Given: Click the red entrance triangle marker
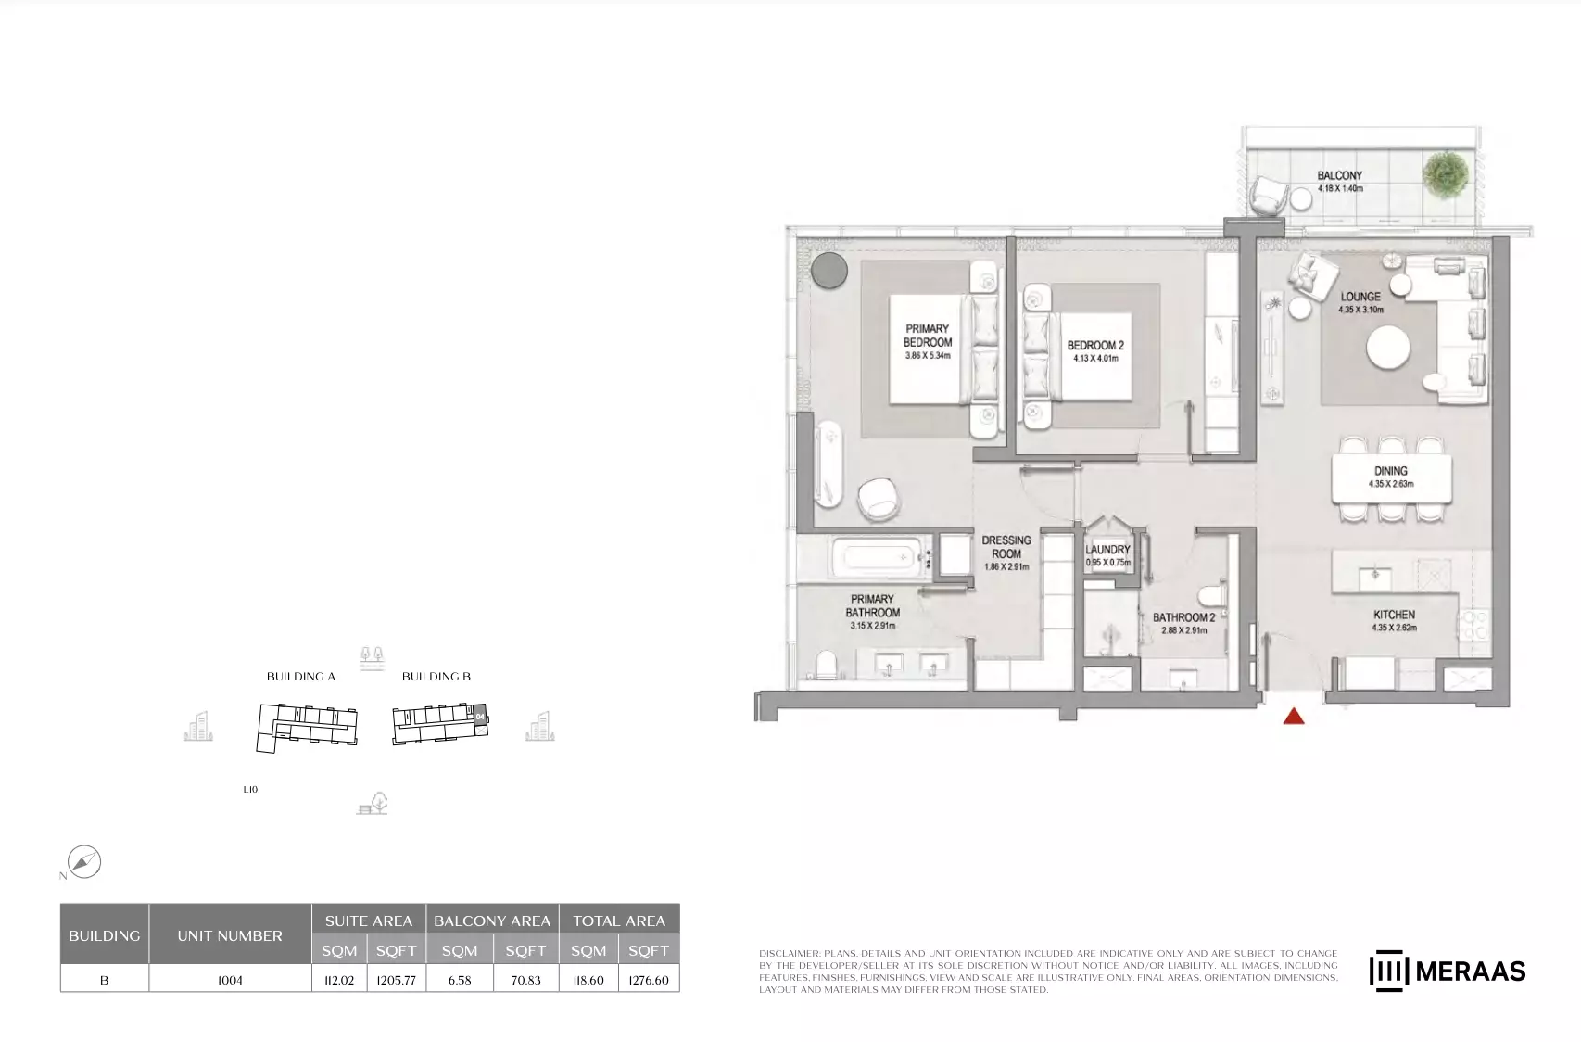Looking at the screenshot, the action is pos(1294,717).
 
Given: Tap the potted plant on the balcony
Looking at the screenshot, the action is pos(1446,173).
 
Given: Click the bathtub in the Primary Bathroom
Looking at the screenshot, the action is pos(879,558).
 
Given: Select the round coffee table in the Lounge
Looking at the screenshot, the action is pos(1388,348).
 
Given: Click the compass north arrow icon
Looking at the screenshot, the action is pos(84,862).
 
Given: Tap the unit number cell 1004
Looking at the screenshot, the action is pos(230,980).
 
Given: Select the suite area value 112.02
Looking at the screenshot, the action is pos(339,980).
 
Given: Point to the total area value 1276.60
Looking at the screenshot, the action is pos(649,980).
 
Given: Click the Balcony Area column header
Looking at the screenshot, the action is pos(492,921).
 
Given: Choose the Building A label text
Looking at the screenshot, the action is pos(300,677).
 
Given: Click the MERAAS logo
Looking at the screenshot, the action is pos(1448,971).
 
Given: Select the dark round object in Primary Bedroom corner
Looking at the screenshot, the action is pos(829,271).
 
